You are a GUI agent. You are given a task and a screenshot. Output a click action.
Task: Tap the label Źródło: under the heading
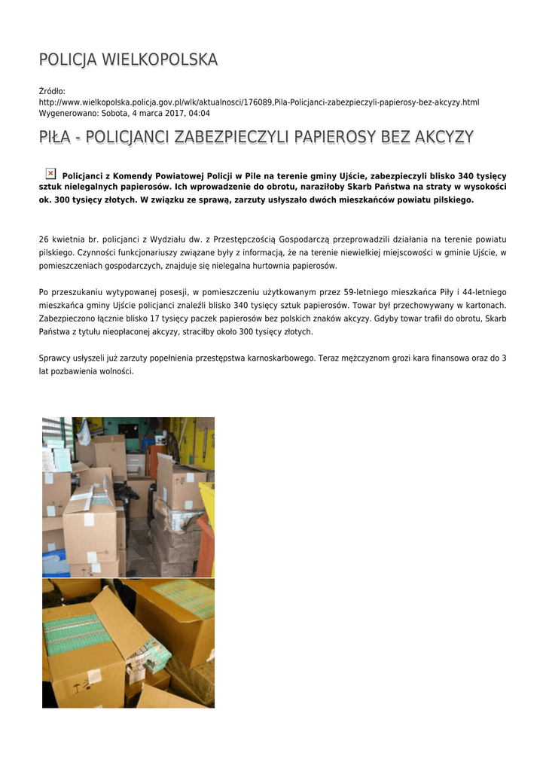pos(52,91)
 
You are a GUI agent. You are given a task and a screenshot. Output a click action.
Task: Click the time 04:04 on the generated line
pos(199,113)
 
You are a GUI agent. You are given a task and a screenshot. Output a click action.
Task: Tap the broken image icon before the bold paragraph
pos(50,174)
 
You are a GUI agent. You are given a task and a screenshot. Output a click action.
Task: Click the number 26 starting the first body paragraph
pos(44,239)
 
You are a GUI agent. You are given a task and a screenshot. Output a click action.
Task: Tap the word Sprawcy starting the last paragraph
pos(54,358)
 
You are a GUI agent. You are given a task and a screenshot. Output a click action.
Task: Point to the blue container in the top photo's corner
pos(54,564)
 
